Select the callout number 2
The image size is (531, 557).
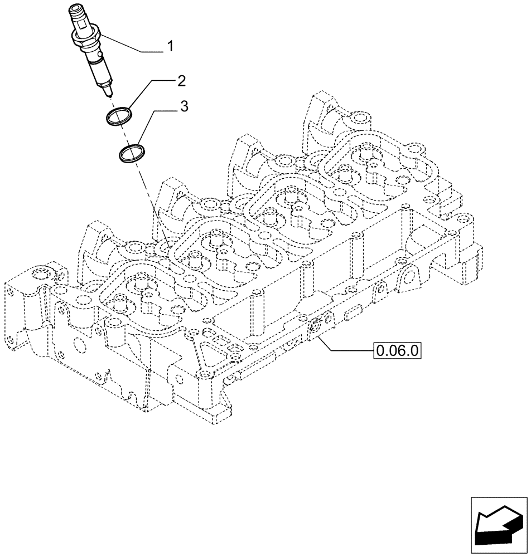click(181, 82)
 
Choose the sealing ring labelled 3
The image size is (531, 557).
click(131, 152)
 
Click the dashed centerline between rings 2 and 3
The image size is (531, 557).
click(123, 134)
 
